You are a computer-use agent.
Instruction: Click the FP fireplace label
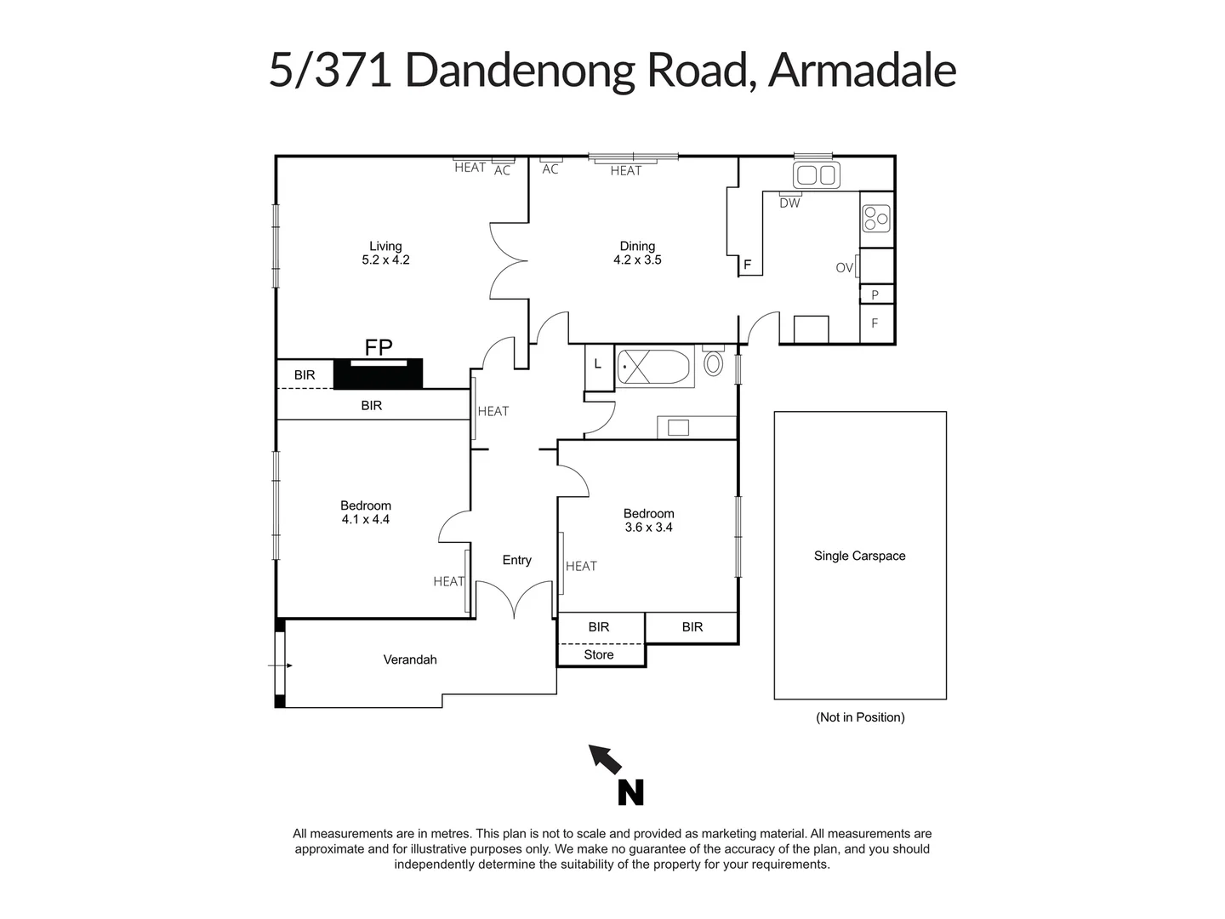(379, 347)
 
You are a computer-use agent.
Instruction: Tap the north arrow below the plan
(605, 757)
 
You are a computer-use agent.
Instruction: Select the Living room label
(385, 247)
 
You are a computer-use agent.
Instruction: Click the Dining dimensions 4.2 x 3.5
(637, 260)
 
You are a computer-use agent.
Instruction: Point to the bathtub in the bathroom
(653, 368)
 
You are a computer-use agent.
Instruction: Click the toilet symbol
(713, 363)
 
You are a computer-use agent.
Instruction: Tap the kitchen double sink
(816, 175)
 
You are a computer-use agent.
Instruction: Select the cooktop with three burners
(875, 219)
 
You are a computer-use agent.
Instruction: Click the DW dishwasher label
(789, 203)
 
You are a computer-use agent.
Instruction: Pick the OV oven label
(844, 268)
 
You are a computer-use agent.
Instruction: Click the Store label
(599, 655)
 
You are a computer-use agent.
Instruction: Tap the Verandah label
(410, 659)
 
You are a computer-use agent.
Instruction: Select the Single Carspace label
(859, 556)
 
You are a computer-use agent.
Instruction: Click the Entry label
(516, 560)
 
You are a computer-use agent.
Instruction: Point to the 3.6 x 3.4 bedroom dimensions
(648, 528)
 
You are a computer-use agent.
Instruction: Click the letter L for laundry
(598, 364)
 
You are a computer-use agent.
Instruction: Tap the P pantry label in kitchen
(875, 295)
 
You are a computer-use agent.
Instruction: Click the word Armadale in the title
(862, 70)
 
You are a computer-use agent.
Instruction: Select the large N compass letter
(630, 793)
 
